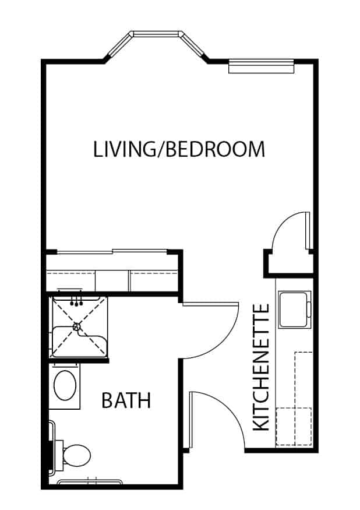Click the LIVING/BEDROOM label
pos(179,149)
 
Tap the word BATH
pos(126,400)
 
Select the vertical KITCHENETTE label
pos(261,367)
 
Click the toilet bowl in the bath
pos(77,455)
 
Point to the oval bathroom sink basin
pos(65,385)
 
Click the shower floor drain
pos(77,326)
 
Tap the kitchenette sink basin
pos(293,309)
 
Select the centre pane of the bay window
pos(157,34)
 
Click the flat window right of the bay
pos(262,66)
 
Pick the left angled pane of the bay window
pos(119,45)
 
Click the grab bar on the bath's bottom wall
pos(90,481)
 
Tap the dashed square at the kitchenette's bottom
pos(294,427)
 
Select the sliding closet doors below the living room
pos(112,251)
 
